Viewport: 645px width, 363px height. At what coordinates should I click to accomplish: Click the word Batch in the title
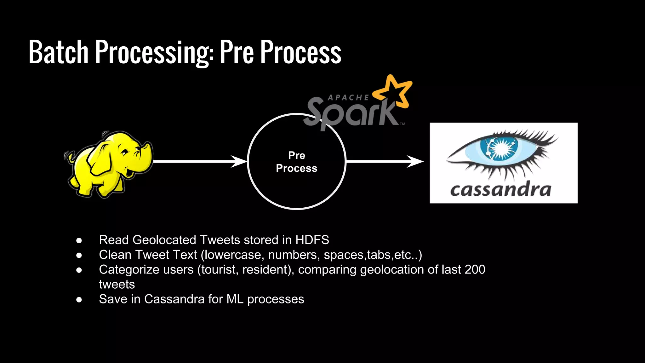point(59,52)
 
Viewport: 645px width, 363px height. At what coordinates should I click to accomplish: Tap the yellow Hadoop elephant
point(107,164)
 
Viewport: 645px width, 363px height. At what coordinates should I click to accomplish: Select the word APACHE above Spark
point(348,98)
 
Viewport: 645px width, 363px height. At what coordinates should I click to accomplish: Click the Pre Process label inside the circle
point(297,162)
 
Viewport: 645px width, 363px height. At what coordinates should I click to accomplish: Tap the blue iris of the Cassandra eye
point(501,148)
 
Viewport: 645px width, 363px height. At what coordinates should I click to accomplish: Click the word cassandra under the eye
point(501,190)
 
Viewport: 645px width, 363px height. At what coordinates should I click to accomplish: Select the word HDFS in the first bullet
point(312,240)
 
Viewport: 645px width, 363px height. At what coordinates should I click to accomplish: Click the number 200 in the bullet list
point(475,270)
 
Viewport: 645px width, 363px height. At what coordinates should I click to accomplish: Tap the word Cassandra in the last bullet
point(174,299)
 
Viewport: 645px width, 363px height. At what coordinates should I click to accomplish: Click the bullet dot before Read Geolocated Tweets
point(79,241)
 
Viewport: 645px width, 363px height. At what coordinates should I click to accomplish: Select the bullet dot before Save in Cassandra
point(79,300)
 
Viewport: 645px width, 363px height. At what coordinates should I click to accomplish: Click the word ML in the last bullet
point(235,299)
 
